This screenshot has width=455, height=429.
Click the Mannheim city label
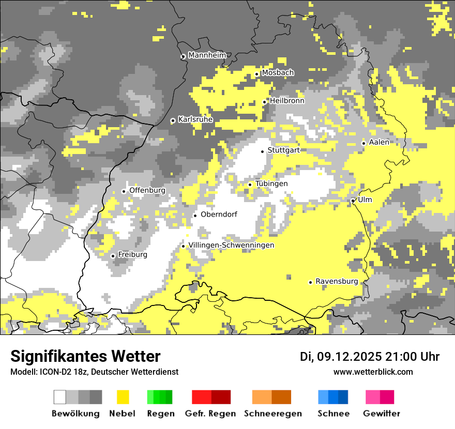(x=207, y=55)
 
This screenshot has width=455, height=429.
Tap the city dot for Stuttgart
(x=262, y=151)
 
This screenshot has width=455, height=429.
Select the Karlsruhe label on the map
(x=195, y=119)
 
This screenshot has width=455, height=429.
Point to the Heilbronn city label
(x=287, y=101)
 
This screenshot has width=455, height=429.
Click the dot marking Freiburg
(x=113, y=256)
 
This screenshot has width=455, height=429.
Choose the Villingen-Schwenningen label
(x=232, y=245)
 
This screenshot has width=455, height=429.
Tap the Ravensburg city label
(x=337, y=281)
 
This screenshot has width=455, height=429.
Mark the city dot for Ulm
(x=353, y=201)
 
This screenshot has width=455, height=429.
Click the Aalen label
(x=379, y=142)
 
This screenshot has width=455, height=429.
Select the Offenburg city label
(x=147, y=190)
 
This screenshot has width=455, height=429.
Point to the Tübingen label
(x=271, y=183)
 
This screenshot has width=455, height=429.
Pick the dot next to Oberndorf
(x=195, y=216)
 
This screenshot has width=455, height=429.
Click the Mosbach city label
(x=278, y=73)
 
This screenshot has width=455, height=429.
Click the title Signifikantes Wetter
(x=85, y=357)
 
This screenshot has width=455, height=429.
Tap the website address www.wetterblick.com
(x=373, y=372)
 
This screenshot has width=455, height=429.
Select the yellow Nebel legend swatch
(x=123, y=397)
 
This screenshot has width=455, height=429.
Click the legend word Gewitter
(x=382, y=413)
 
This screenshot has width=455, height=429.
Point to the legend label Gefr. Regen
(x=210, y=413)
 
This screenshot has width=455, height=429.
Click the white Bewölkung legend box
(x=60, y=397)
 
